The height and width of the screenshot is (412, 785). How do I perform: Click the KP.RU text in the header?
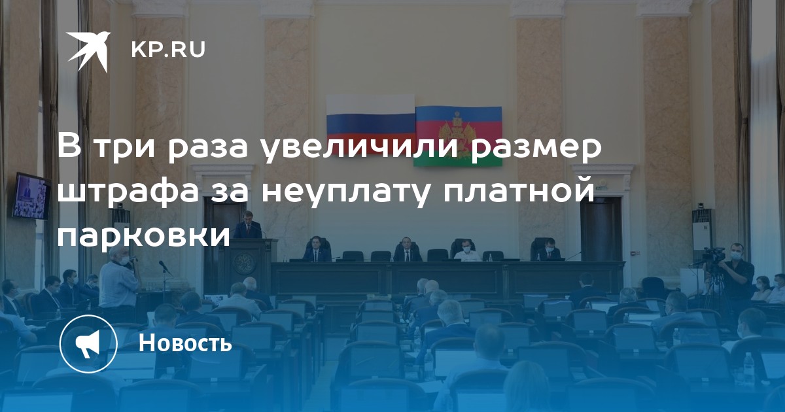point(168,50)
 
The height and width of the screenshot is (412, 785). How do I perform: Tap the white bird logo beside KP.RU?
point(89,51)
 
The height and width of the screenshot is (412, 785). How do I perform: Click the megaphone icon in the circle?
point(88,344)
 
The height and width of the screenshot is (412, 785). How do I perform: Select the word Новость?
point(185,343)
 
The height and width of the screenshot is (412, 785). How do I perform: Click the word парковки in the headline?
point(144,235)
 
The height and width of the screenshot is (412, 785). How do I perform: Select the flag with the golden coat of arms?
point(459,135)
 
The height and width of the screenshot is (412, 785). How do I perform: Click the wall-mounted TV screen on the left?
point(31,196)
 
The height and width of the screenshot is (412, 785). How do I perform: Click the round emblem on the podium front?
point(244,263)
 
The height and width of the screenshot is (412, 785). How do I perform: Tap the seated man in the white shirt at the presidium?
point(467,252)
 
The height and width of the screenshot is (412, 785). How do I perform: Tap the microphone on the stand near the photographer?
point(164,267)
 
